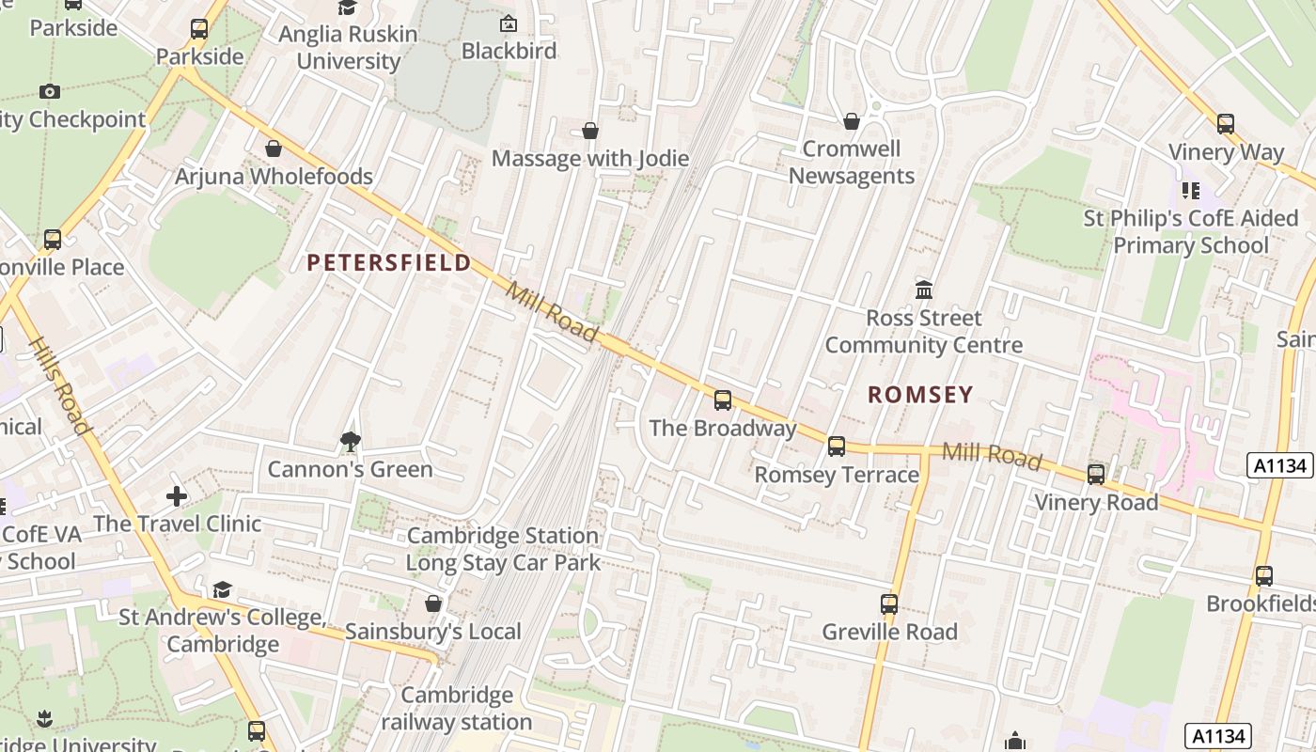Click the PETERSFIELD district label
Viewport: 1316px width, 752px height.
[389, 262]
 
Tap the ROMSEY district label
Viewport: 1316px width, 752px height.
[919, 395]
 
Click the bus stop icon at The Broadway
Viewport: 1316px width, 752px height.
[722, 400]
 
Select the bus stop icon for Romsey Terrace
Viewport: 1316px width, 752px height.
[836, 446]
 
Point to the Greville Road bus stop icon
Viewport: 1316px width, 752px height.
[888, 604]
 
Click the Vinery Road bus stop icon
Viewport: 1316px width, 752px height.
[1095, 475]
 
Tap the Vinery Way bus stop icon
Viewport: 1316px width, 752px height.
[1225, 124]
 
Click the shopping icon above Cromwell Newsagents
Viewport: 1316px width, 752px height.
[851, 121]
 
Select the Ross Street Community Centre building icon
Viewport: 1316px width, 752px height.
[923, 290]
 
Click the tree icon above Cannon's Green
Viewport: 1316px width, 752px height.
[351, 440]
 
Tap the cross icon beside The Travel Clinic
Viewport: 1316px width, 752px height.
[177, 495]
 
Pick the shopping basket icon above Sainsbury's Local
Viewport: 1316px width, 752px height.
[432, 603]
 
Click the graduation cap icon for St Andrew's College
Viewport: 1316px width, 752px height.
[222, 589]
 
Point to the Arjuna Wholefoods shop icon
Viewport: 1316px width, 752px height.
[274, 149]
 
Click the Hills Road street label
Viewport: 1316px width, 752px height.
[61, 386]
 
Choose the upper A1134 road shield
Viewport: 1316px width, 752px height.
[1279, 465]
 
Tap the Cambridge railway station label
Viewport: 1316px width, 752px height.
[457, 709]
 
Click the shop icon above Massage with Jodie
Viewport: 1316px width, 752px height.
[589, 131]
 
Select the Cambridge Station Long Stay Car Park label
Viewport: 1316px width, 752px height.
[502, 550]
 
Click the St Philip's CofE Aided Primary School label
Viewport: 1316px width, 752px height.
[1189, 232]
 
